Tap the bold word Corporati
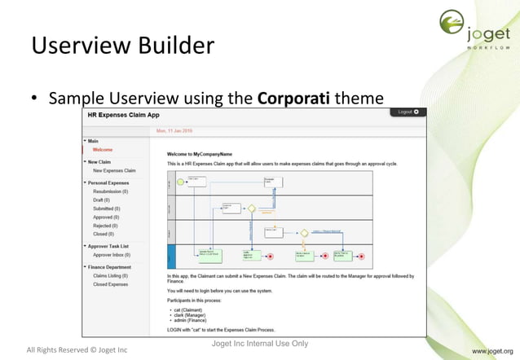pos(293,99)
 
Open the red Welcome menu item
pos(103,150)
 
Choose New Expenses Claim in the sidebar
pos(114,170)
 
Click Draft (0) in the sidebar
pos(102,200)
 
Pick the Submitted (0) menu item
pos(107,209)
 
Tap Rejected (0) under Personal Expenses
pos(106,226)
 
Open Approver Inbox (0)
pos(112,255)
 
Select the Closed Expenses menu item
pos(111,284)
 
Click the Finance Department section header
pos(109,267)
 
